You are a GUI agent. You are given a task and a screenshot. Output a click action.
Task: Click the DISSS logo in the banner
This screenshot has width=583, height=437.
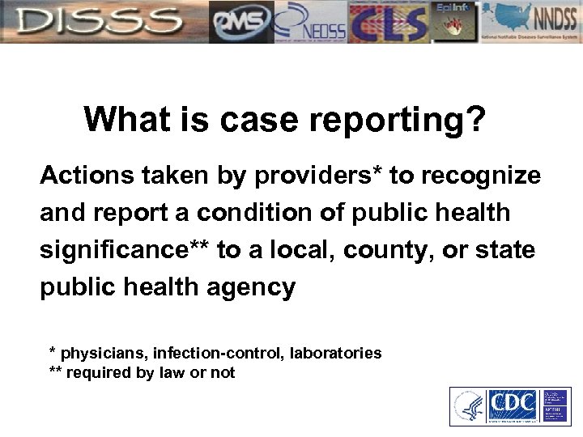coord(104,22)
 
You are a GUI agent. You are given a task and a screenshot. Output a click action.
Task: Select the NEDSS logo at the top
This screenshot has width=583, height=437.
coord(311,22)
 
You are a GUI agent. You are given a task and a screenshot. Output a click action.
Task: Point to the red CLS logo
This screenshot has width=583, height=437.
coord(388,22)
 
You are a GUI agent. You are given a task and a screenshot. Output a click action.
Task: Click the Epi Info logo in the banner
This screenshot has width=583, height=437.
coord(453,22)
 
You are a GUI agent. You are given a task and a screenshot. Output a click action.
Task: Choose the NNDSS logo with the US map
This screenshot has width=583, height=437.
coord(530,22)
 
